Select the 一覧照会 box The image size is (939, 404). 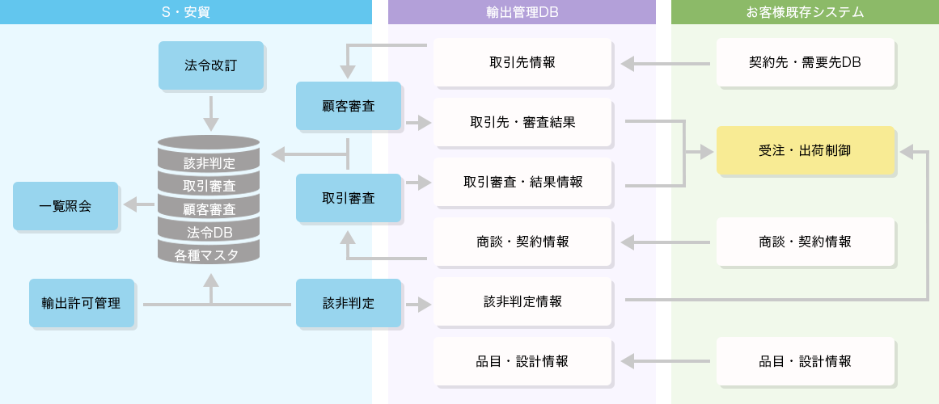(66, 206)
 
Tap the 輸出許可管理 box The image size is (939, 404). (81, 303)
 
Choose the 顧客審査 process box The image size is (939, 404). (348, 105)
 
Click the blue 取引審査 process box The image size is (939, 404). (348, 197)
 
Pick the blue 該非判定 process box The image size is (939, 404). (348, 303)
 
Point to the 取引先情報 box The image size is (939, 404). (522, 62)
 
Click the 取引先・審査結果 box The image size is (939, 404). (522, 123)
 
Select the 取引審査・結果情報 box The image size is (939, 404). (522, 182)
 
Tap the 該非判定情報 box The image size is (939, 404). (522, 301)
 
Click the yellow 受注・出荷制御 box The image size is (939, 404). (805, 150)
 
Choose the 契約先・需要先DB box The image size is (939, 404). (805, 62)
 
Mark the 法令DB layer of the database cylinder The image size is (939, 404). (209, 232)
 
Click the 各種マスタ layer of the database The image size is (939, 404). (209, 255)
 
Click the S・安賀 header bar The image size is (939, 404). (186, 11)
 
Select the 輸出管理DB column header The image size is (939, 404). (522, 11)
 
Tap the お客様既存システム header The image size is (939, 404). (804, 11)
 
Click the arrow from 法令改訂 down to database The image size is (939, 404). (211, 113)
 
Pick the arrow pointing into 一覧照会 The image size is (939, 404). (138, 205)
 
